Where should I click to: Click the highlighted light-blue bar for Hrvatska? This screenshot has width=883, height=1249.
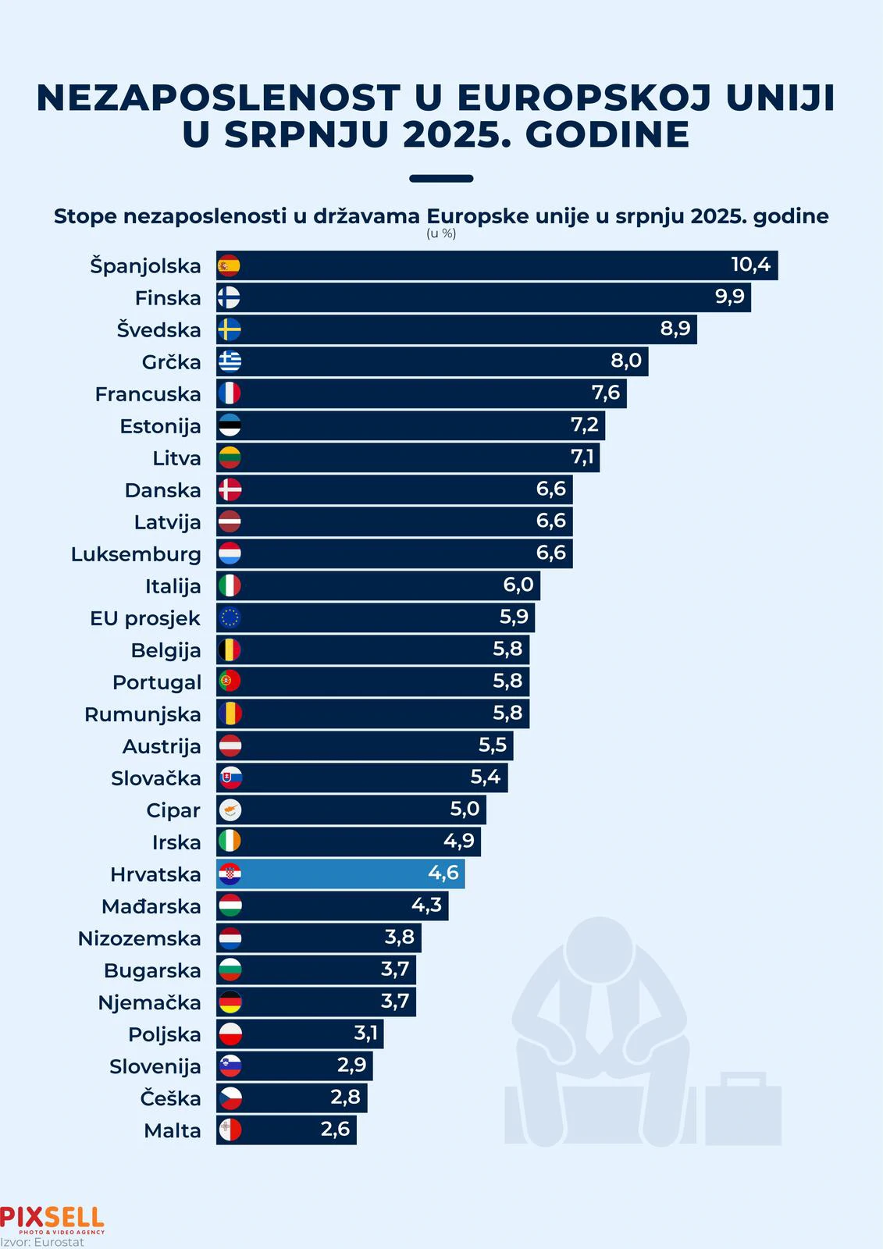(340, 874)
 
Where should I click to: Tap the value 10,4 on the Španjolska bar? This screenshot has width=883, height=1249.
(750, 265)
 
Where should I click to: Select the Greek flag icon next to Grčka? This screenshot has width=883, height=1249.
(230, 361)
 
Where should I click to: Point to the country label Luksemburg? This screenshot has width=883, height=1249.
(136, 554)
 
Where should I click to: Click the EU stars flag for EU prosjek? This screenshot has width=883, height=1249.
(230, 617)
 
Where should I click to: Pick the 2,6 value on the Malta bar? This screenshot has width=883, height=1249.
(335, 1130)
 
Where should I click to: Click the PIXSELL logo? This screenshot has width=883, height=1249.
(52, 1219)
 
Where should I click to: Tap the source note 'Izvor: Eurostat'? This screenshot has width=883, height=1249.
(42, 1242)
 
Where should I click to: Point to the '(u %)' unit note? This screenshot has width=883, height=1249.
(441, 233)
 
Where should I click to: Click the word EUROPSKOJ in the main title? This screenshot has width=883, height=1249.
(584, 98)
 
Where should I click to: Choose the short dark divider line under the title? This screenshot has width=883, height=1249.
(441, 179)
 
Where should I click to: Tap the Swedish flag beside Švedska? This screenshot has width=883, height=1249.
(230, 329)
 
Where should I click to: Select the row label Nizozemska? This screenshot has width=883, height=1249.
(139, 938)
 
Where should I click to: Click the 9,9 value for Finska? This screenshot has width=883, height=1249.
(729, 297)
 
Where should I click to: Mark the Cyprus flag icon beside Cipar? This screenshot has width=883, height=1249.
(230, 810)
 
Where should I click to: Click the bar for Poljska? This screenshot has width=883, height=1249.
(300, 1034)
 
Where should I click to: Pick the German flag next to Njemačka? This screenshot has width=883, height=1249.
(230, 1002)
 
